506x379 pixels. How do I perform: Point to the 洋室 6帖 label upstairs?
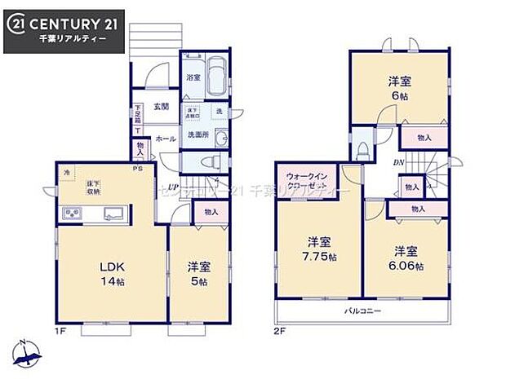coord(398,87)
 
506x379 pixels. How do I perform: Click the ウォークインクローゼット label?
coord(306,180)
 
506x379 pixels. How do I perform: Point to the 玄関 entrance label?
coord(160,107)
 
